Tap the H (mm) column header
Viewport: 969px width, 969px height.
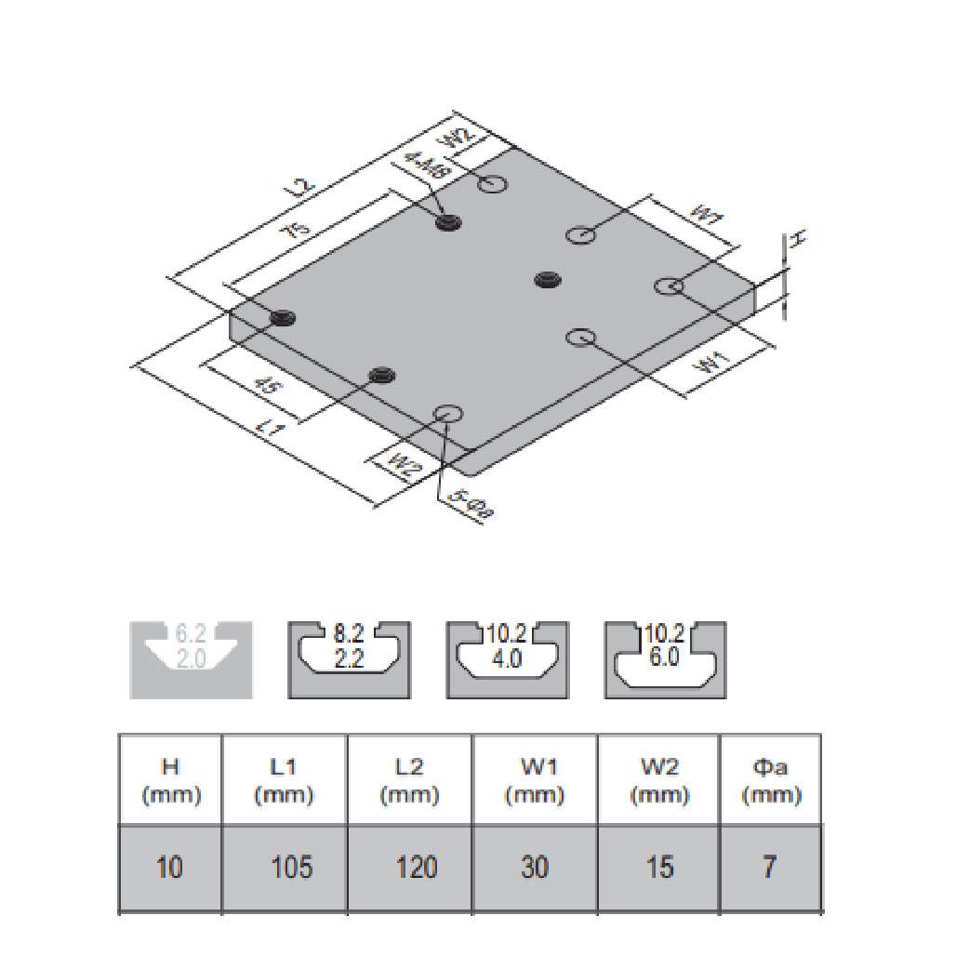pyautogui.click(x=170, y=780)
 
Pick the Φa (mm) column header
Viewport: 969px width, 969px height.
pyautogui.click(x=769, y=780)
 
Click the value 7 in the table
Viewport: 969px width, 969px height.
pyautogui.click(x=769, y=867)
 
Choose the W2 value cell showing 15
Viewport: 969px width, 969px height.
pyautogui.click(x=658, y=867)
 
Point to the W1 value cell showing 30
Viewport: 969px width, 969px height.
pyautogui.click(x=535, y=867)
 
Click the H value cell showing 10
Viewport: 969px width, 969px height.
pyautogui.click(x=170, y=867)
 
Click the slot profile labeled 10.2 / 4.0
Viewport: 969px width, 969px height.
pyautogui.click(x=507, y=659)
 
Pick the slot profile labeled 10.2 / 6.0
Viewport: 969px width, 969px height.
pyautogui.click(x=665, y=659)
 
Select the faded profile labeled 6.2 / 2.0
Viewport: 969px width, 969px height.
pyautogui.click(x=192, y=659)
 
